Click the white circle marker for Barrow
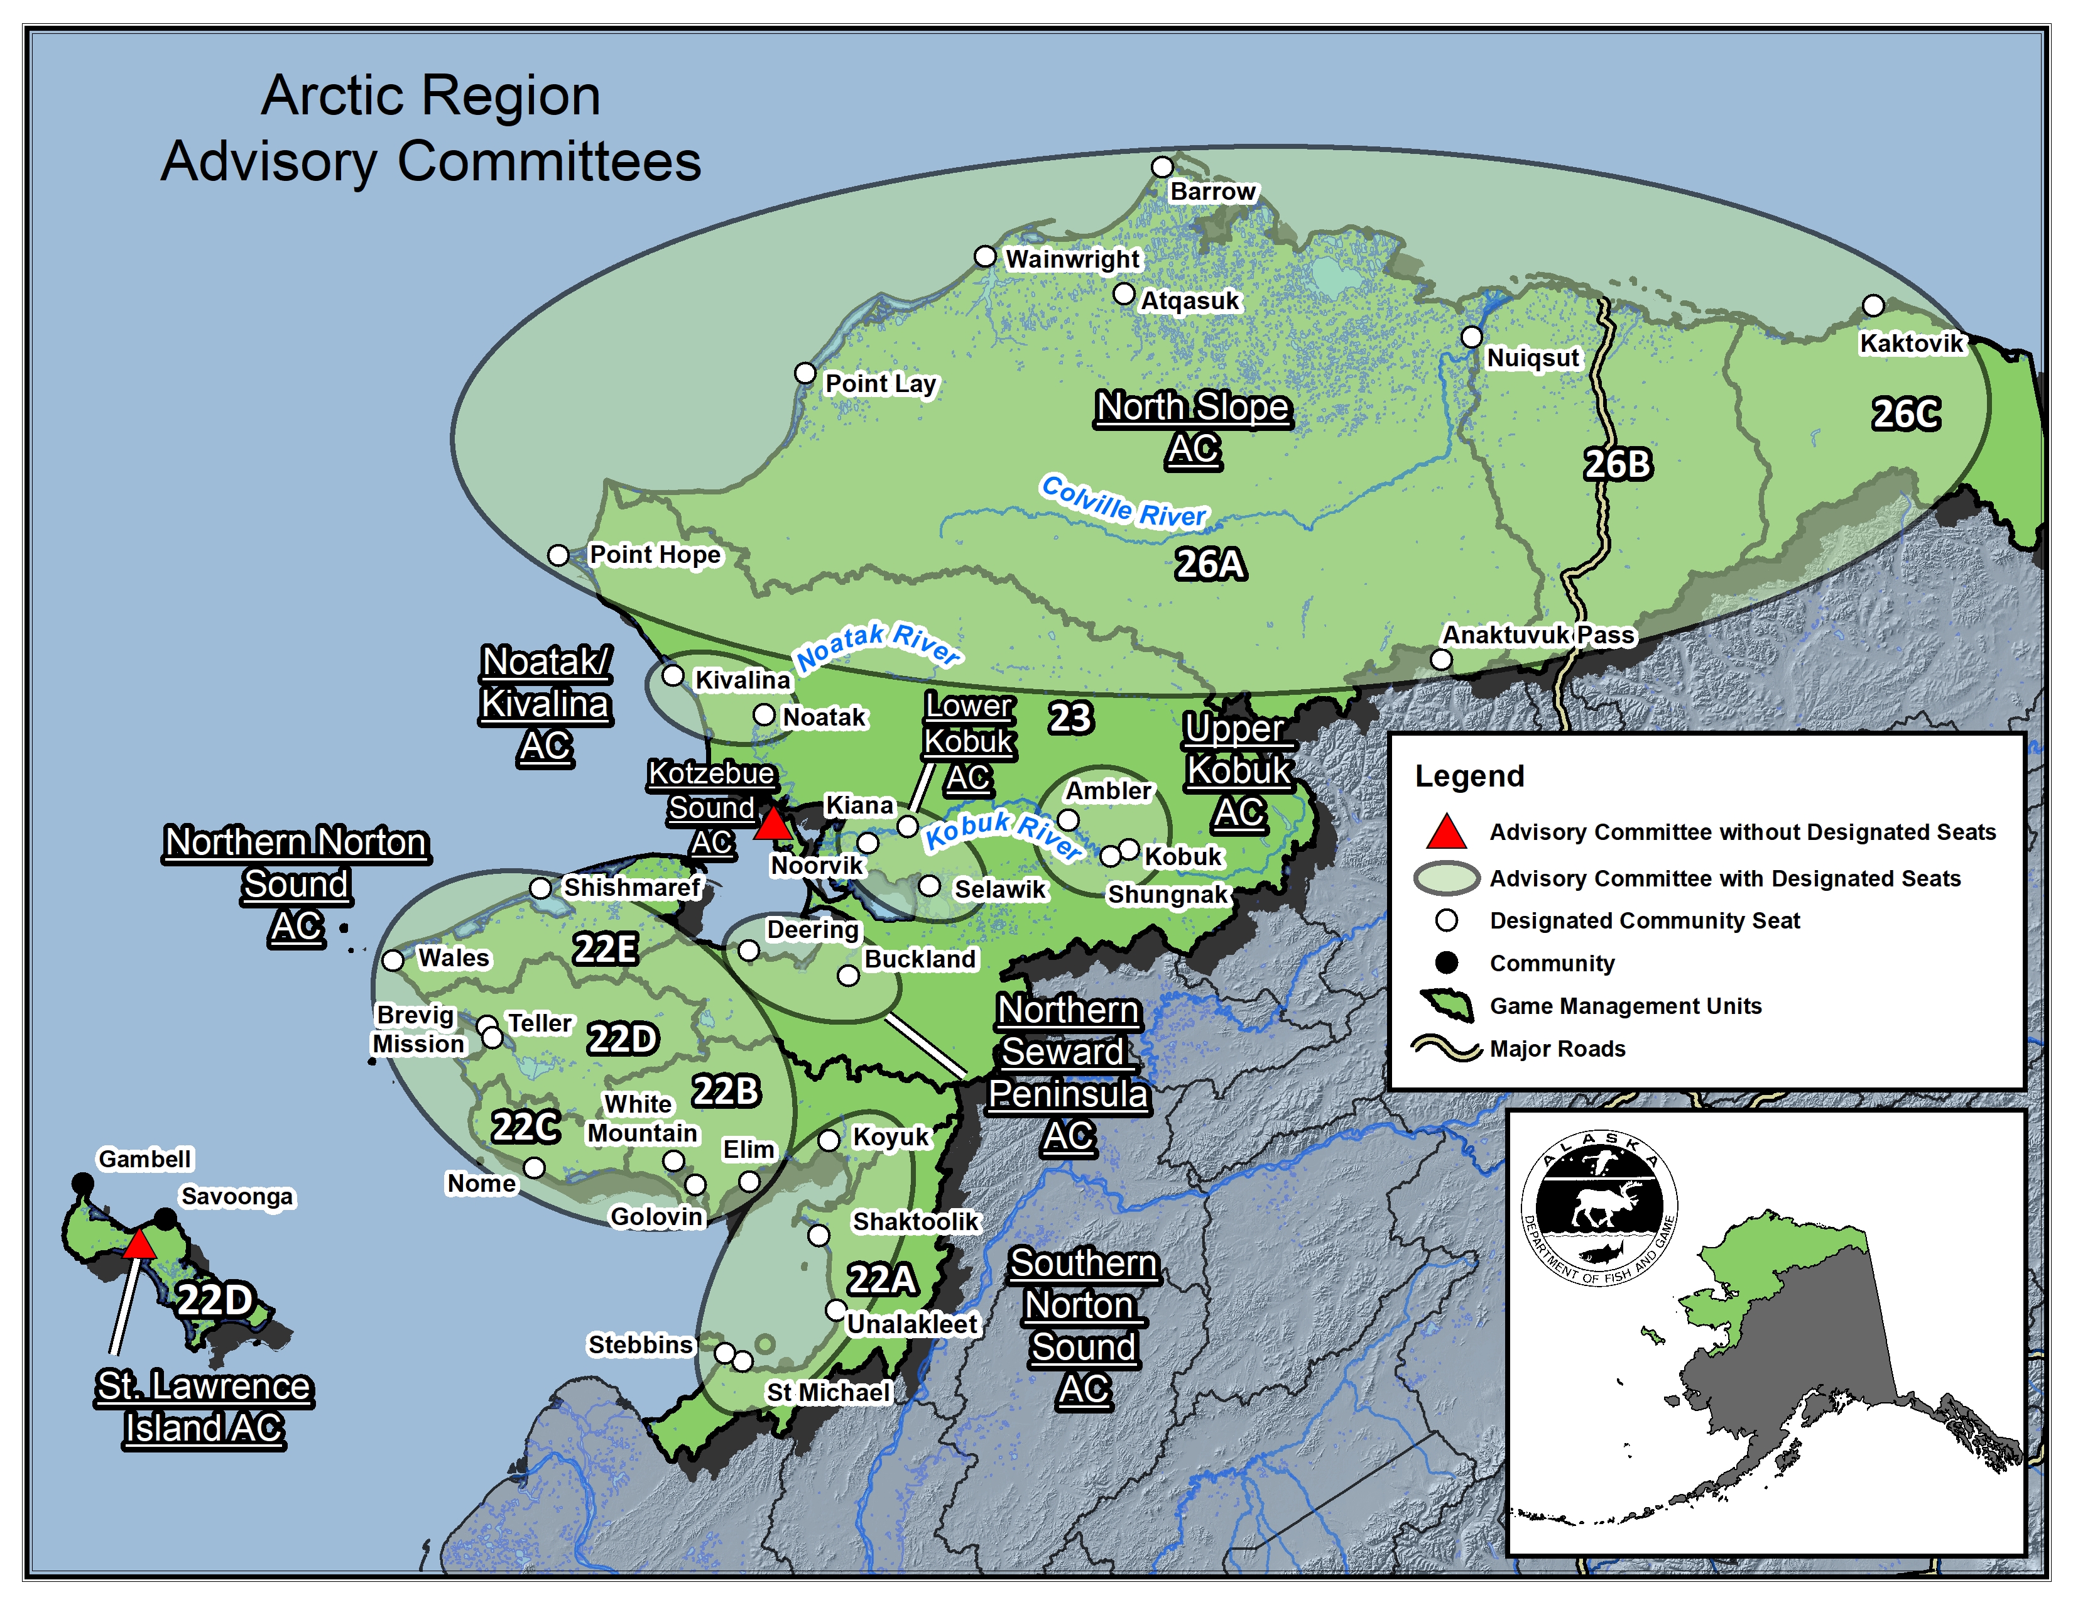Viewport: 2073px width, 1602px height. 1162,167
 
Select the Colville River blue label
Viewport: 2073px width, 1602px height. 1123,501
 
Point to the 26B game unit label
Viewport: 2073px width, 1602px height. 1618,464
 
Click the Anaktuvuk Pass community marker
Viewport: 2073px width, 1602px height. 1441,658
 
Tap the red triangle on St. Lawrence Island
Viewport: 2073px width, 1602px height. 139,1244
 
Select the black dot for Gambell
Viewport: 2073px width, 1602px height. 82,1182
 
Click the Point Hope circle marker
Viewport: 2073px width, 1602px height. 558,555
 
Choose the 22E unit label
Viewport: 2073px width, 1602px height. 604,948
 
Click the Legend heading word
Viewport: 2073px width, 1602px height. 1469,776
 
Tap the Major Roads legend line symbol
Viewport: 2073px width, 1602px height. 1445,1048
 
